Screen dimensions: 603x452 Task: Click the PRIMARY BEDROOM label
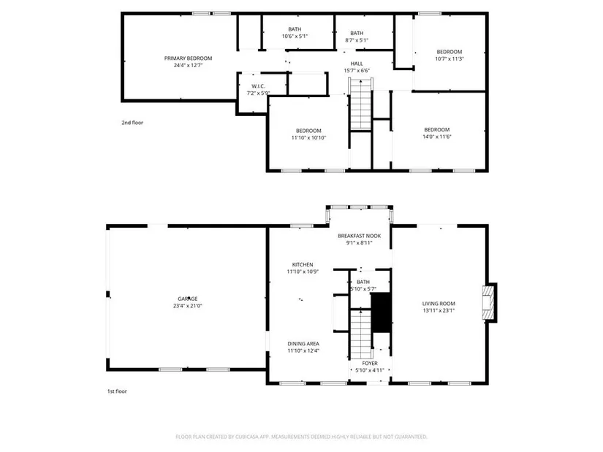(x=188, y=58)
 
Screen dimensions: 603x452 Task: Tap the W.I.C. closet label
(x=258, y=86)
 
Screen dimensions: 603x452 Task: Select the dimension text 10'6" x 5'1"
(x=295, y=36)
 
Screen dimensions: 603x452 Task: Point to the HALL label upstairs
(x=357, y=64)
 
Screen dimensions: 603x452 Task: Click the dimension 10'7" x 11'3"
(x=450, y=59)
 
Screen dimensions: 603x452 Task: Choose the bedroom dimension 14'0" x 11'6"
(x=437, y=137)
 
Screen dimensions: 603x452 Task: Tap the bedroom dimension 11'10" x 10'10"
(x=308, y=137)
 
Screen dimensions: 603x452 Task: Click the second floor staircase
(x=361, y=104)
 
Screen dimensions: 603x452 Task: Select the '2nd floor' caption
(x=132, y=123)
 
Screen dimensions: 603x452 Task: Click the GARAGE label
(x=188, y=299)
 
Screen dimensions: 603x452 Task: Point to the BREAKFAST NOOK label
(x=359, y=236)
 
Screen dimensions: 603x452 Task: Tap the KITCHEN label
(x=303, y=264)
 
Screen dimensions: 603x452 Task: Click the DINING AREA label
(x=303, y=344)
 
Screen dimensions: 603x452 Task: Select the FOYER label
(x=370, y=363)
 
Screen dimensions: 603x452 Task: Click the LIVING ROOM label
(x=439, y=303)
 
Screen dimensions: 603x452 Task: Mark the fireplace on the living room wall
(x=489, y=302)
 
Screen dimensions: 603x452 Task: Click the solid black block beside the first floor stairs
(x=381, y=313)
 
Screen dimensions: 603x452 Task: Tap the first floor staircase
(x=361, y=334)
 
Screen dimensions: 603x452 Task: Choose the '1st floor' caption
(x=116, y=391)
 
